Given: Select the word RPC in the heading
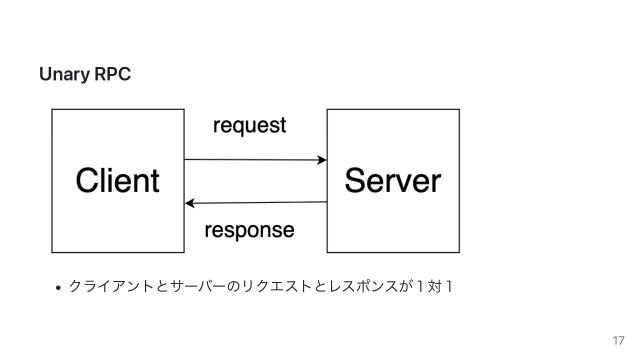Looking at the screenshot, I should coord(112,75).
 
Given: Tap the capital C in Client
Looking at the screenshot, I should coord(88,181).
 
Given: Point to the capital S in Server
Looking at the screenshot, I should coord(355,181).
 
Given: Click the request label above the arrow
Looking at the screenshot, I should coord(250,126).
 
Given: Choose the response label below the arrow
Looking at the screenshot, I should coord(249,230).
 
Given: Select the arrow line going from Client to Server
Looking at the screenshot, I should coord(250,159).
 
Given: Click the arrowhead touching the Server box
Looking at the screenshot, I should coord(322,160).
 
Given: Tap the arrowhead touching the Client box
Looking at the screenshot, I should coord(190,203).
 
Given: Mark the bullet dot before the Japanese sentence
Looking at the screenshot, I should coord(59,290).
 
